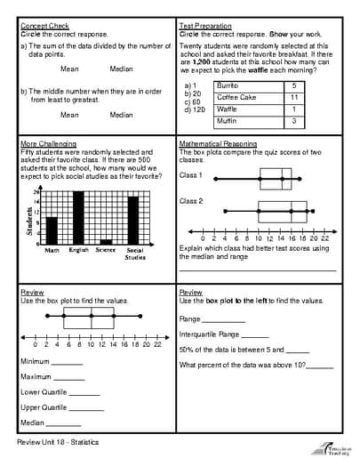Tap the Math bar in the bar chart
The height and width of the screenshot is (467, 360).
click(52, 230)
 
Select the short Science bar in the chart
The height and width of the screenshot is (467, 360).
click(106, 240)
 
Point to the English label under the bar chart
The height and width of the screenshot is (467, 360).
click(79, 250)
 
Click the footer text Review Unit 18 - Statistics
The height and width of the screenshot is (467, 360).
click(57, 442)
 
